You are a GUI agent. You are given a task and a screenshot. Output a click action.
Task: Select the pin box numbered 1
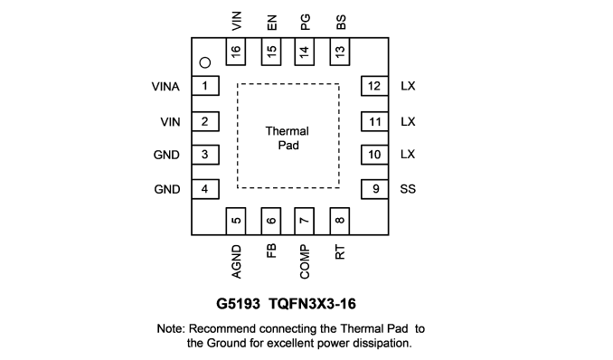point(205,86)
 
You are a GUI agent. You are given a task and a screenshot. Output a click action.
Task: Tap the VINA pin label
point(165,87)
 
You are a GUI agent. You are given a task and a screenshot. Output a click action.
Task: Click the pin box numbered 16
point(236,52)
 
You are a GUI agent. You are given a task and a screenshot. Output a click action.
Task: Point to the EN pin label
point(272,23)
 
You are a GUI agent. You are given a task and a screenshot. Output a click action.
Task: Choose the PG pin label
point(305,22)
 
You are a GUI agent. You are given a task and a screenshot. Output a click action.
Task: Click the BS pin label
point(341,22)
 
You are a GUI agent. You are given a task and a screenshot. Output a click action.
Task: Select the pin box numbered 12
point(374,86)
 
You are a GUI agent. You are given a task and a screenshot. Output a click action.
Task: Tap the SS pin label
point(408,189)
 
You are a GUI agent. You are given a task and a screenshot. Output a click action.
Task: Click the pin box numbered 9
point(374,189)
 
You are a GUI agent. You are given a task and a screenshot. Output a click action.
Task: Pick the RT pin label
point(340,252)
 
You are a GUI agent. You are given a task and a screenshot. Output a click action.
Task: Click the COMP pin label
point(305,261)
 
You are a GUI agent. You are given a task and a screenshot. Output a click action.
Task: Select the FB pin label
point(271,251)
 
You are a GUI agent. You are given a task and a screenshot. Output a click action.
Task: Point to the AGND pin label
point(236,261)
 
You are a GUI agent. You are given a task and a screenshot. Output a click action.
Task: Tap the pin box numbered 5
point(236,221)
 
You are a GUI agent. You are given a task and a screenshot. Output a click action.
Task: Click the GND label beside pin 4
point(167,189)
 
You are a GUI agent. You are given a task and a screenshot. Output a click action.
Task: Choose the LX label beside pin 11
point(408,122)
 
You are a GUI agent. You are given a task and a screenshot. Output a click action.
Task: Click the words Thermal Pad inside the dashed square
point(288,137)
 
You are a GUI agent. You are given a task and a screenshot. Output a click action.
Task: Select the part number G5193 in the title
point(238,304)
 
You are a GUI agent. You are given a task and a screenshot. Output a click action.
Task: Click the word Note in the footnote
point(170,328)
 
